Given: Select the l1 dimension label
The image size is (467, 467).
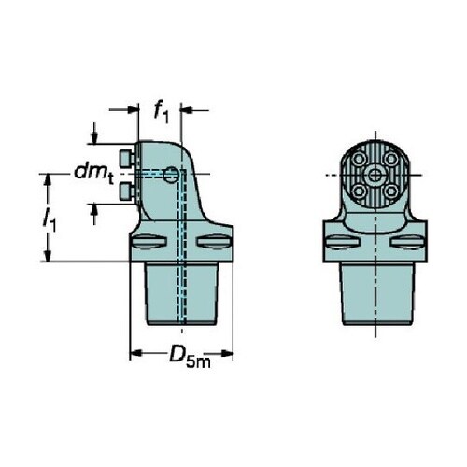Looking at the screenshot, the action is pyautogui.click(x=50, y=220).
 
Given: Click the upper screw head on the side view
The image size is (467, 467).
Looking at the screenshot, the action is pyautogui.click(x=127, y=158).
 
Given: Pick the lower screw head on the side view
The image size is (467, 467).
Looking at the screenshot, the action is pyautogui.click(x=127, y=191).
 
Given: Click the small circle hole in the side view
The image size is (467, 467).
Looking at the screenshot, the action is pyautogui.click(x=171, y=175).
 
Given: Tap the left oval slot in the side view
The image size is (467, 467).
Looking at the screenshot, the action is pyautogui.click(x=149, y=242).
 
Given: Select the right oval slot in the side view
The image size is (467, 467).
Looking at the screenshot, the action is pyautogui.click(x=214, y=242).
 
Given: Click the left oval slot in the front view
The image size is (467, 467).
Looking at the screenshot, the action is pyautogui.click(x=343, y=242).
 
